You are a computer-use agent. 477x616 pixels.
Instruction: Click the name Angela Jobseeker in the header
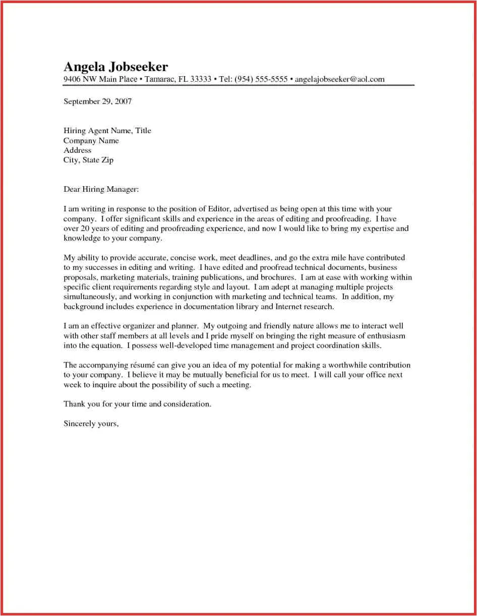[x=115, y=67]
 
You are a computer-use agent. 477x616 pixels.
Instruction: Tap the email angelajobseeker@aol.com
[x=339, y=79]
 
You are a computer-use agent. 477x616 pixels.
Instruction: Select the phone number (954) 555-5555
[x=262, y=79]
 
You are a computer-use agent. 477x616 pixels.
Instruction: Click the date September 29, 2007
[x=97, y=101]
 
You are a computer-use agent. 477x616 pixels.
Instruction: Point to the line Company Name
[x=91, y=141]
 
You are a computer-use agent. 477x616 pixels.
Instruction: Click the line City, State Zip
[x=88, y=160]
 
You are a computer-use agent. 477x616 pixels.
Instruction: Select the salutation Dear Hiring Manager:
[x=101, y=190]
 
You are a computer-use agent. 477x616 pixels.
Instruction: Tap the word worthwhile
[x=348, y=365]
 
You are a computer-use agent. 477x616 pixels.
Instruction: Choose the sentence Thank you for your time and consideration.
[x=137, y=404]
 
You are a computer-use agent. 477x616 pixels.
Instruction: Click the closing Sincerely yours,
[x=91, y=424]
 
